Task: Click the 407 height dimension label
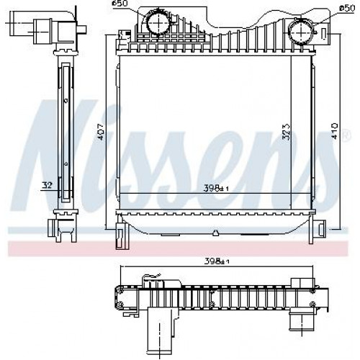[101, 132]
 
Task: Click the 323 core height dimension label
[286, 132]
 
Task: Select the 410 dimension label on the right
[335, 131]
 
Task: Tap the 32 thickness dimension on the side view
[47, 185]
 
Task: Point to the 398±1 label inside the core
[216, 188]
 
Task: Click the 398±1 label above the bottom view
[217, 261]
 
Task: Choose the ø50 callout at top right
[347, 9]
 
